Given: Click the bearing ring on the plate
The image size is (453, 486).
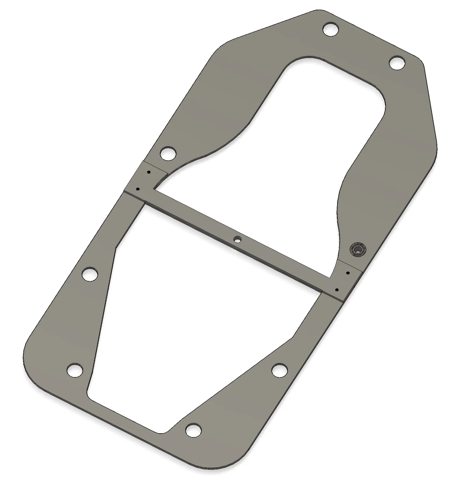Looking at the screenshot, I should tap(358, 249).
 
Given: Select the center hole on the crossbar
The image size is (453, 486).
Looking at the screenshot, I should tap(238, 239).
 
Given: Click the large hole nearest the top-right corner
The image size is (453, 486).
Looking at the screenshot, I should tap(397, 63).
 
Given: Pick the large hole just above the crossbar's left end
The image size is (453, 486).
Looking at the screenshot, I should tap(168, 153).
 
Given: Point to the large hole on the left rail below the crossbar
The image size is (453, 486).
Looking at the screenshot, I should tap(90, 274).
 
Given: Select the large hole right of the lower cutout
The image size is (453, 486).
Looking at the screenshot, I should tap(280, 370).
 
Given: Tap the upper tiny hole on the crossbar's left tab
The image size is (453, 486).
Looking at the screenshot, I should tap(149, 172).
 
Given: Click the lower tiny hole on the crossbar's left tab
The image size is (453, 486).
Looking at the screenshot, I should tap(138, 189).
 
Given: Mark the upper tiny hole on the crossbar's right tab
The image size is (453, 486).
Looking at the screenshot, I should tap(348, 273).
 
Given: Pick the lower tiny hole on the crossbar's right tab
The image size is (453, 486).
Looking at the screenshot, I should tap(337, 290).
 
